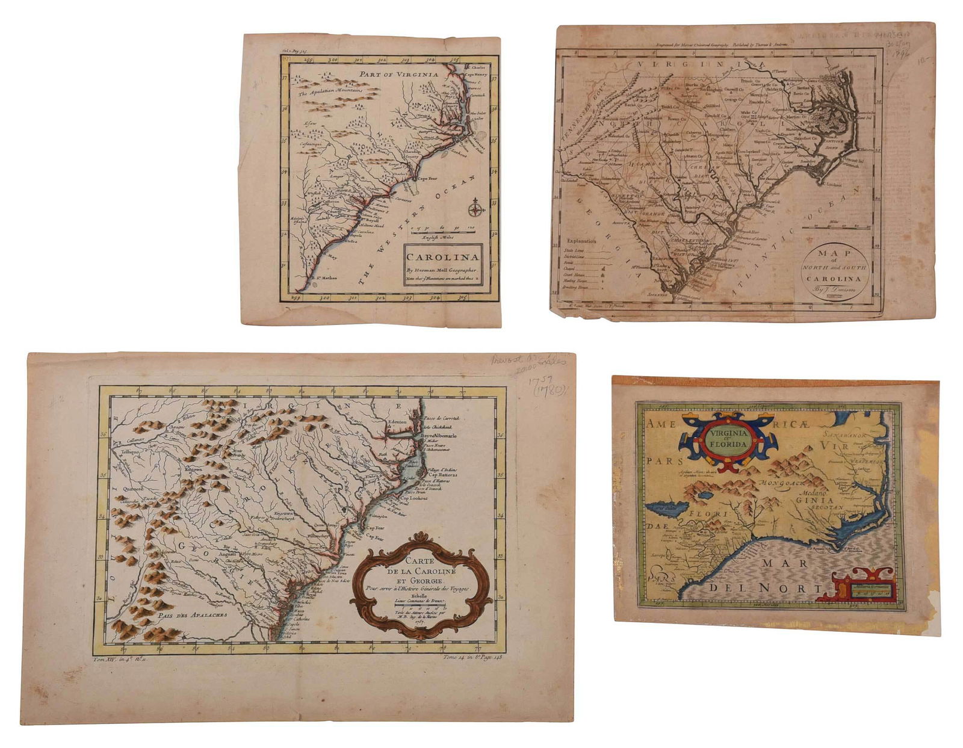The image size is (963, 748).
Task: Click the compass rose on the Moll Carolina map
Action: pyautogui.click(x=475, y=209)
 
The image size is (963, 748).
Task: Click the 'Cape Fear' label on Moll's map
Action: pyautogui.click(x=429, y=179)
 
